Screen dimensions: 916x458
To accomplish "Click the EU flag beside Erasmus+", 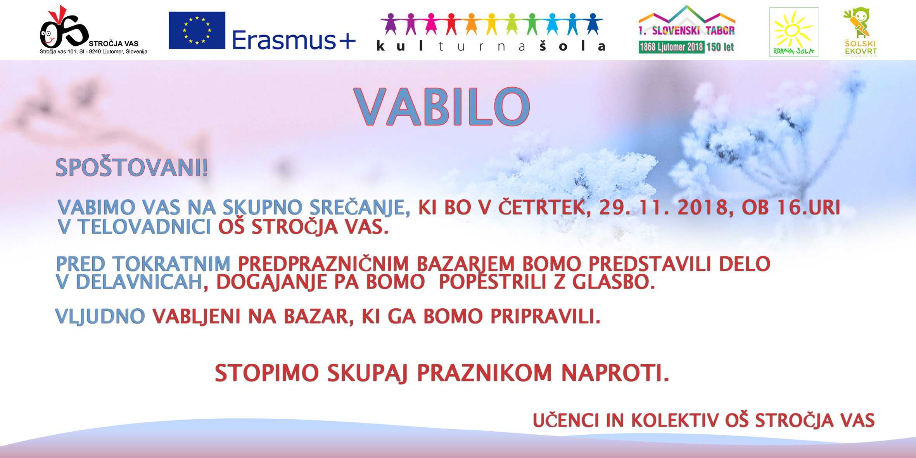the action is click(x=197, y=30).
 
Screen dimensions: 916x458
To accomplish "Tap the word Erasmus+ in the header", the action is click(x=294, y=40).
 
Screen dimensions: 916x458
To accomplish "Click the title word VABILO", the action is click(x=442, y=107).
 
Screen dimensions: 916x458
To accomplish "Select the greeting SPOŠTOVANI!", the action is click(x=132, y=168).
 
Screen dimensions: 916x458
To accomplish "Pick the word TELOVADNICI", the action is click(x=144, y=227).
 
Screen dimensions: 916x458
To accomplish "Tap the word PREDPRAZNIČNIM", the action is click(x=323, y=264).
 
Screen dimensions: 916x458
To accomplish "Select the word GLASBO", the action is click(x=614, y=282).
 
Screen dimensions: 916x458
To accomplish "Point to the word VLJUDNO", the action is click(x=100, y=317).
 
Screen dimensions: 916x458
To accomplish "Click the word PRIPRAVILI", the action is click(x=546, y=316).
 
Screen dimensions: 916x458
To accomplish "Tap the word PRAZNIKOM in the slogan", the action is click(x=484, y=373).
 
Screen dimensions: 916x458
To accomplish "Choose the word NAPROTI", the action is click(x=615, y=373).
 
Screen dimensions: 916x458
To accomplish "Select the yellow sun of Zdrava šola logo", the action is click(x=793, y=30).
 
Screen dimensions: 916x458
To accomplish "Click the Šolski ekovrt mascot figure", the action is click(x=859, y=22).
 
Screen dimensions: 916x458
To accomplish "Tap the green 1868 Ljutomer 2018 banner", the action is click(x=671, y=47).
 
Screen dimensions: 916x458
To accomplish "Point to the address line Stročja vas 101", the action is click(x=93, y=52).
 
